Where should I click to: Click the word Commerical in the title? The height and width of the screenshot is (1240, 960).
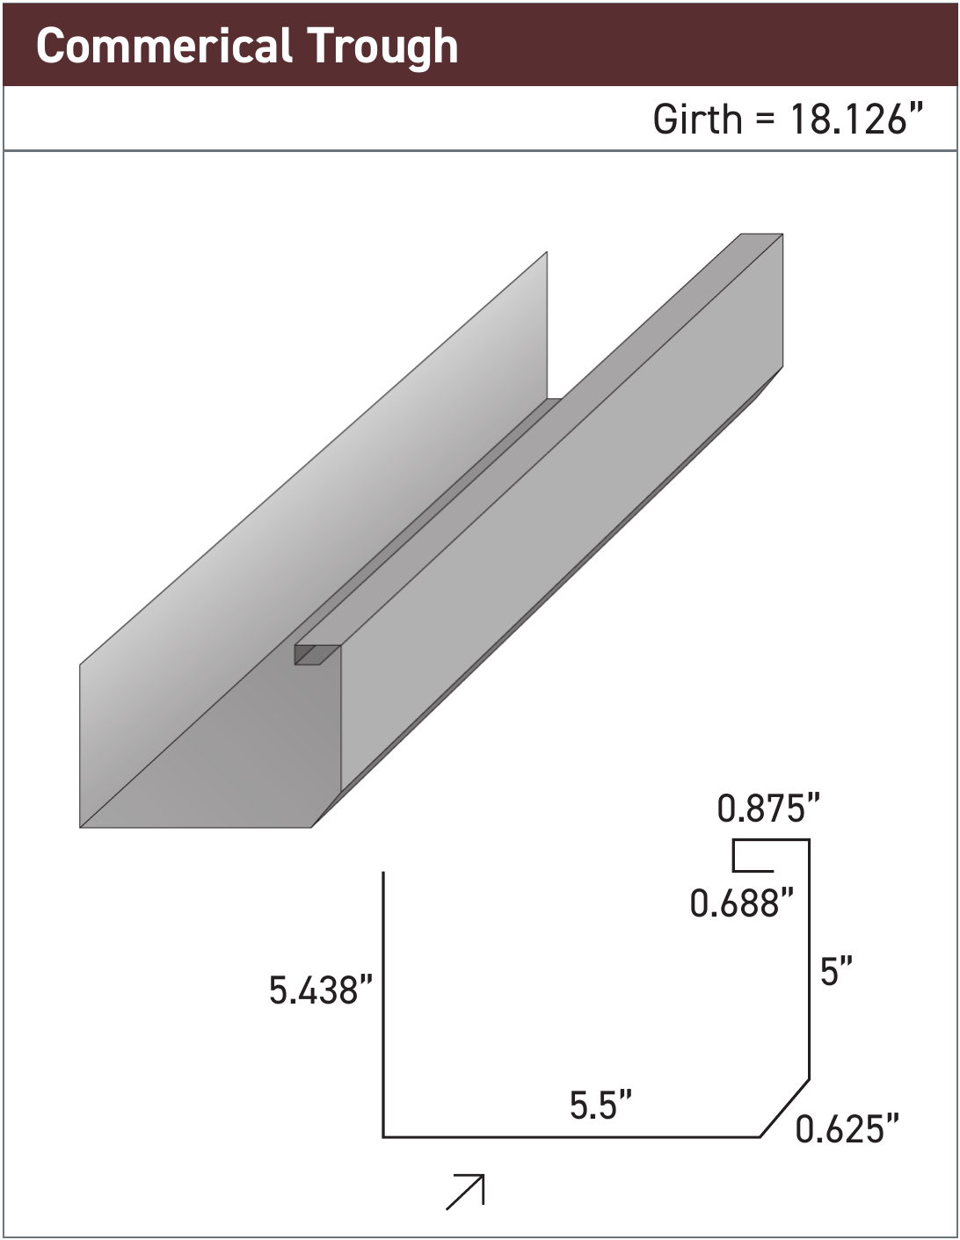pyautogui.click(x=164, y=46)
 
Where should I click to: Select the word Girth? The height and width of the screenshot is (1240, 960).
pyautogui.click(x=697, y=119)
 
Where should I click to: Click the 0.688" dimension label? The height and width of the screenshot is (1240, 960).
pyautogui.click(x=741, y=903)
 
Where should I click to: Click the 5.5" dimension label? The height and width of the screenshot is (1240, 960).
pyautogui.click(x=600, y=1106)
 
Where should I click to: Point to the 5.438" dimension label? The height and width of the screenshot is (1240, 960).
pyautogui.click(x=321, y=991)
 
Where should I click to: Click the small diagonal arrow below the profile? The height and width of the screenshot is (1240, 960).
pyautogui.click(x=466, y=1192)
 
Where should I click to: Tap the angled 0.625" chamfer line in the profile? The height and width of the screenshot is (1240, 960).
pyautogui.click(x=784, y=1107)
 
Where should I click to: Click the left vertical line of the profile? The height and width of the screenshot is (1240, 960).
pyautogui.click(x=383, y=1002)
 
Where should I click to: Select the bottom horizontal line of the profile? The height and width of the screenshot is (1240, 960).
pyautogui.click(x=571, y=1137)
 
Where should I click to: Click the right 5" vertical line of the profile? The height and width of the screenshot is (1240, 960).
pyautogui.click(x=809, y=958)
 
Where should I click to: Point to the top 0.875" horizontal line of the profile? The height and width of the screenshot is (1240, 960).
pyautogui.click(x=771, y=841)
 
